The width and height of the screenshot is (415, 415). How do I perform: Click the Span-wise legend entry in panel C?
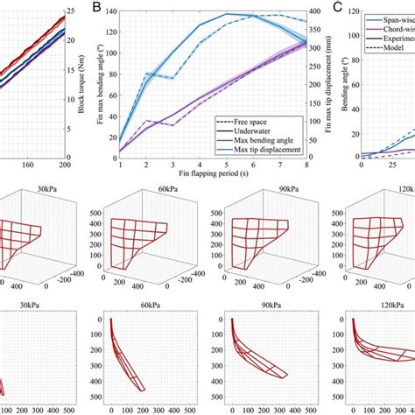390,17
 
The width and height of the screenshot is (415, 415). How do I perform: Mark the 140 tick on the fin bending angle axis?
109,15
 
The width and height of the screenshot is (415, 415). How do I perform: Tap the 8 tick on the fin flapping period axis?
306,165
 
